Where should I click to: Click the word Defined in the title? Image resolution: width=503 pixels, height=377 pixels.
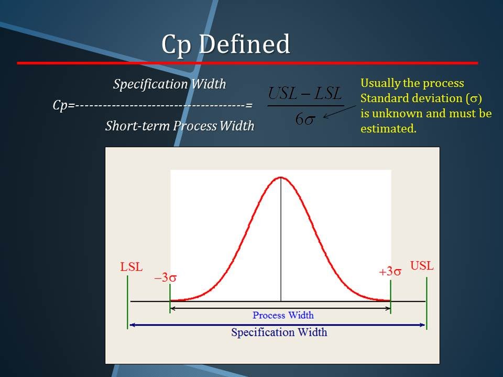point(245,43)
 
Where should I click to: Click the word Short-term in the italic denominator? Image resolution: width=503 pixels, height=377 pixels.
point(138,126)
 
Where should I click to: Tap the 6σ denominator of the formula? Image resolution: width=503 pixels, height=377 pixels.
point(305,119)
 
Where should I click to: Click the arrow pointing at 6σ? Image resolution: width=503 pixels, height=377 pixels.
point(340,112)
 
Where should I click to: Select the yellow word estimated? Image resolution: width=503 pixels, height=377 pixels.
point(388,129)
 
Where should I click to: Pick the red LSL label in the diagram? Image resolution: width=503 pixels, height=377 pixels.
point(131,267)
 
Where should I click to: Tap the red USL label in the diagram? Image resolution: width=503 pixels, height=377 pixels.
point(422,266)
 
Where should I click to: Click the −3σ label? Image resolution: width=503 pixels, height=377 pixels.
point(165,278)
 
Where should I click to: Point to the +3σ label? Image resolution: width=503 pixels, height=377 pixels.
point(390,272)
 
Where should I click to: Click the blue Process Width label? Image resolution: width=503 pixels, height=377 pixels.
point(283,315)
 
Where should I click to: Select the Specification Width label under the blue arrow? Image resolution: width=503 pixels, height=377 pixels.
point(279,332)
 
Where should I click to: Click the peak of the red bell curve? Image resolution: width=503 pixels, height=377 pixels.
point(281,176)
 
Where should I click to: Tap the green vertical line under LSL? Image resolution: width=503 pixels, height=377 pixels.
point(128,302)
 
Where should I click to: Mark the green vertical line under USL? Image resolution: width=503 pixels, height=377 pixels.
point(427,303)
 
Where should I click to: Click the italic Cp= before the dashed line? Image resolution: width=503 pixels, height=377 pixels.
point(64,105)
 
